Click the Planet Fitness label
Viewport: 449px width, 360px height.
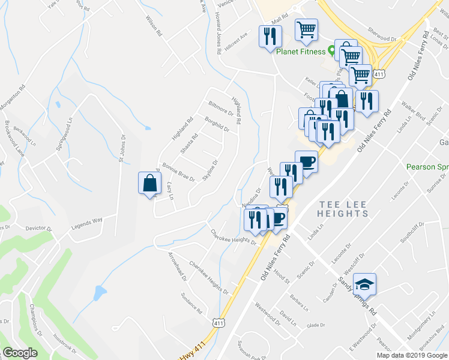(302, 51)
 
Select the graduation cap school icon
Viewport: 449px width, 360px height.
(364, 284)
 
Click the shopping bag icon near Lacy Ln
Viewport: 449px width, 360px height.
(149, 184)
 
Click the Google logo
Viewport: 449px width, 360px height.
(20, 353)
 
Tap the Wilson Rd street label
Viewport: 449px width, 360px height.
(153, 26)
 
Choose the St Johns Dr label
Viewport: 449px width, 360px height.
(121, 149)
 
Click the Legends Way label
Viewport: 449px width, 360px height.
(88, 222)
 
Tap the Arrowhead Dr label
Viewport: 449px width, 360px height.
(178, 267)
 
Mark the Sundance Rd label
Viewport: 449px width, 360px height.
(191, 302)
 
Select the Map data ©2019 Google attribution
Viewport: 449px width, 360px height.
(411, 355)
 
